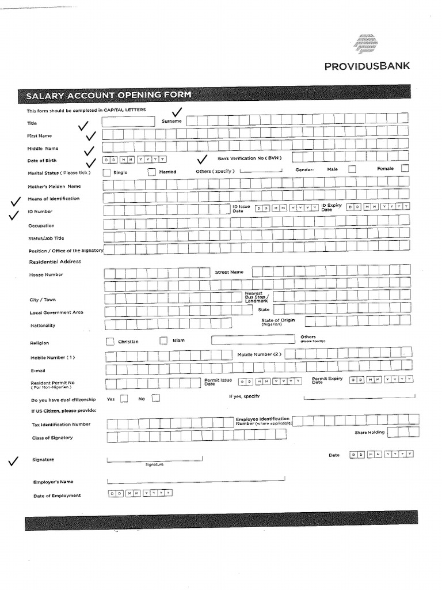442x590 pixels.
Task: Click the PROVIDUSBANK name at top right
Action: click(367, 66)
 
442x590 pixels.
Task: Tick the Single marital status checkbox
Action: click(107, 172)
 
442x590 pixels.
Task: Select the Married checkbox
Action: click(151, 172)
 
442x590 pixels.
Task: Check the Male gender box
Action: click(352, 169)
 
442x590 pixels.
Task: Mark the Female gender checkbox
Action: click(405, 168)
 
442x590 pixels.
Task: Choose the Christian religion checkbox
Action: click(110, 341)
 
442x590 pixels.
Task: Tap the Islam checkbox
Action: click(163, 341)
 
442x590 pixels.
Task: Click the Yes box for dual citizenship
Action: click(124, 399)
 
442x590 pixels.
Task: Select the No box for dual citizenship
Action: click(155, 398)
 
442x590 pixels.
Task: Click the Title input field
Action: click(128, 122)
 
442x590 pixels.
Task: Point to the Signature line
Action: click(154, 460)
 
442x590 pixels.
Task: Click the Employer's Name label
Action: click(54, 482)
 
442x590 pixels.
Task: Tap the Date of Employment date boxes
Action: click(140, 493)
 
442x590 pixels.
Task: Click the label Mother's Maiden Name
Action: click(55, 186)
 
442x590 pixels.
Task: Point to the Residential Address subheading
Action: click(55, 262)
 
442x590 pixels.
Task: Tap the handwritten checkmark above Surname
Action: click(177, 112)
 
